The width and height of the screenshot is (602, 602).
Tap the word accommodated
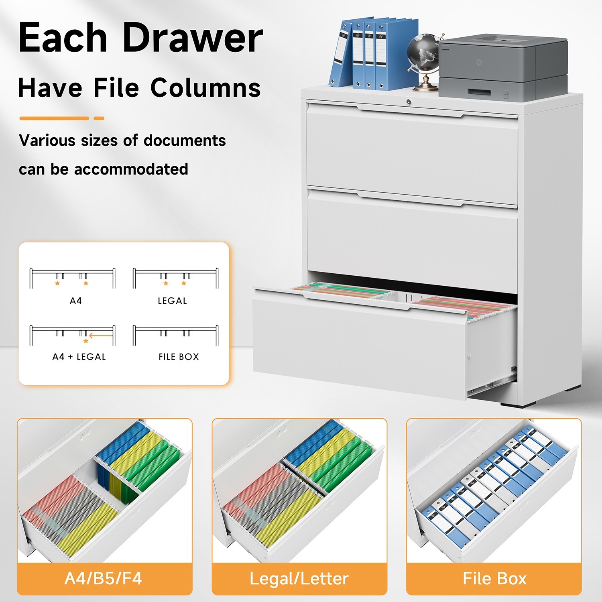click(x=131, y=169)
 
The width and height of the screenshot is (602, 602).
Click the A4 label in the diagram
click(x=76, y=301)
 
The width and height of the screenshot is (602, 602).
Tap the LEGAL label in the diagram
click(x=172, y=301)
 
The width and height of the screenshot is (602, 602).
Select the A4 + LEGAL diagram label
click(x=79, y=357)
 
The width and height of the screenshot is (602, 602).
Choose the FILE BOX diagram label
click(x=179, y=357)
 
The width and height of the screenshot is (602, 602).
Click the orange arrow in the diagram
click(x=100, y=336)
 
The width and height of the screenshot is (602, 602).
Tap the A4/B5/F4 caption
click(x=103, y=579)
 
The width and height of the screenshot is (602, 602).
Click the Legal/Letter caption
click(x=299, y=579)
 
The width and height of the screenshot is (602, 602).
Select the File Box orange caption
click(x=494, y=579)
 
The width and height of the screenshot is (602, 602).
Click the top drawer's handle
click(x=410, y=112)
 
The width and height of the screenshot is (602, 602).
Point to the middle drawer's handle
click(x=410, y=200)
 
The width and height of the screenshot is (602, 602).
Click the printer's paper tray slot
click(x=479, y=92)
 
